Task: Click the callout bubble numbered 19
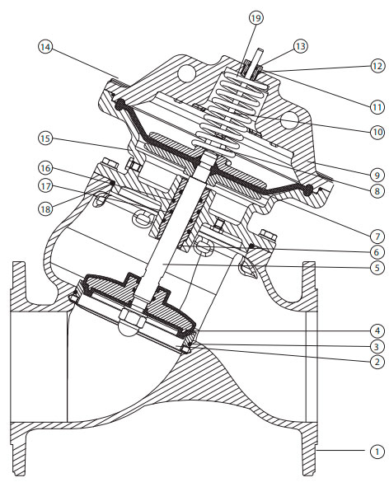(256, 18)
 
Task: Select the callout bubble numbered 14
(45, 47)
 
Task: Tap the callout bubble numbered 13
(301, 46)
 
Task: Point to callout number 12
(377, 66)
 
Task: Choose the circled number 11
(377, 107)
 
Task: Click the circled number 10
(377, 133)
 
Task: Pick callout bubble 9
(377, 176)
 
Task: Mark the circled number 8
(377, 190)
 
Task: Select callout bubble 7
(377, 236)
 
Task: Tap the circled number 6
(377, 252)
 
